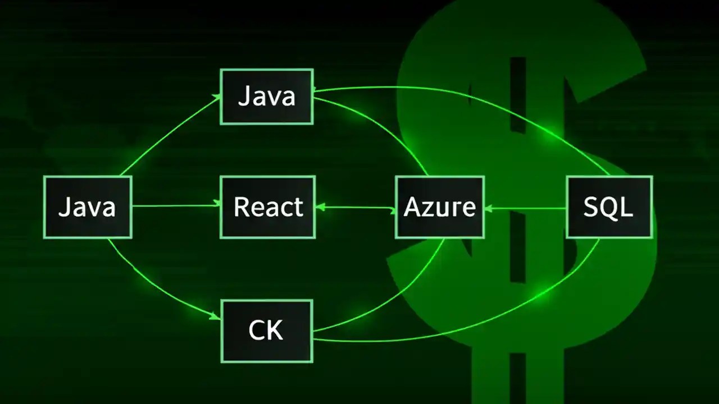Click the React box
tap(267, 207)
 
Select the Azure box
tap(439, 207)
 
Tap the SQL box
tap(609, 207)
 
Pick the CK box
tap(266, 331)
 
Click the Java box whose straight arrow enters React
tap(87, 207)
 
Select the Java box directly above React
tap(266, 97)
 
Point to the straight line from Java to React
tap(174, 206)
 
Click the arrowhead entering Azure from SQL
tap(488, 208)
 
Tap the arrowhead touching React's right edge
tap(320, 207)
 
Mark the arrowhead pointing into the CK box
tap(216, 317)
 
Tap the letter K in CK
tap(275, 331)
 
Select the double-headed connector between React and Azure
tap(355, 208)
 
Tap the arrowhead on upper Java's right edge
tap(316, 89)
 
